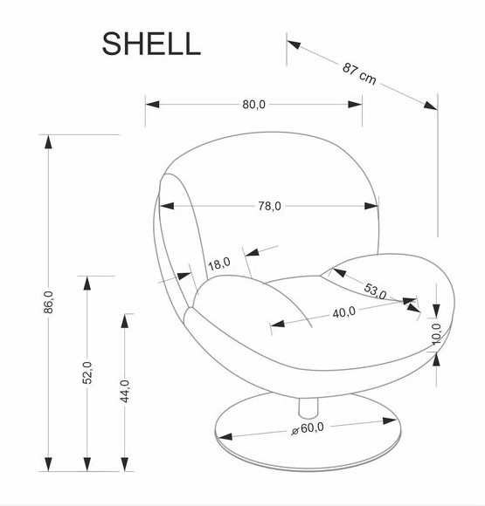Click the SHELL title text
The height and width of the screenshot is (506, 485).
click(x=151, y=44)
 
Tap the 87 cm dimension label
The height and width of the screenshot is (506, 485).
click(x=359, y=74)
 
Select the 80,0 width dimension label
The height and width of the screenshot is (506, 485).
click(x=253, y=104)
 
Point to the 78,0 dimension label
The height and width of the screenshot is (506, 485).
click(x=269, y=206)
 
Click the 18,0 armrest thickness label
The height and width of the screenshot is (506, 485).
click(x=218, y=263)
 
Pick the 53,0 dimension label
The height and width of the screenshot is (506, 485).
click(x=375, y=291)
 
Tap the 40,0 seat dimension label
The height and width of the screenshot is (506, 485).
click(x=343, y=312)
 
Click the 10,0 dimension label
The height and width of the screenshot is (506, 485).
click(x=437, y=333)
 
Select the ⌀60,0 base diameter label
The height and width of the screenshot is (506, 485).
click(x=308, y=428)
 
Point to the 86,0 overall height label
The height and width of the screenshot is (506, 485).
click(x=48, y=302)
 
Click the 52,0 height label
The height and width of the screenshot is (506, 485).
click(x=87, y=373)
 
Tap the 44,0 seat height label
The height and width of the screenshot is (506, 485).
click(x=124, y=391)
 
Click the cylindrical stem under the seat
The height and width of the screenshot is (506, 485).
click(x=308, y=407)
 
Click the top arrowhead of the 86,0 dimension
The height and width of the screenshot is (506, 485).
click(x=48, y=141)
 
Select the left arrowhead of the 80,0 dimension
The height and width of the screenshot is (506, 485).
click(x=152, y=104)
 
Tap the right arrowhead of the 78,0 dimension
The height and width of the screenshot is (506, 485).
click(x=371, y=206)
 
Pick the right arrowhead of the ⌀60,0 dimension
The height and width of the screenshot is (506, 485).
click(x=389, y=421)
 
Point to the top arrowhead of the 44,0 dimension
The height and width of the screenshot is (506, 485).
click(x=124, y=321)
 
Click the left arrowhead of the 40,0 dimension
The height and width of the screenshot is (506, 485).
click(x=277, y=324)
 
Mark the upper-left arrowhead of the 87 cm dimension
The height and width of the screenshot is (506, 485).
click(x=294, y=44)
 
